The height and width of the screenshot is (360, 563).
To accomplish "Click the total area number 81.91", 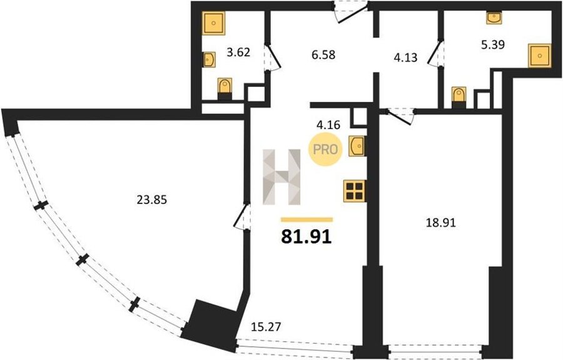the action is click(x=307, y=237).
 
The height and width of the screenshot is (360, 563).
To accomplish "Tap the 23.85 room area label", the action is click(x=152, y=199).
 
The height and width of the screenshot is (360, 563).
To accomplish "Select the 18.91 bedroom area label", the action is click(x=440, y=223).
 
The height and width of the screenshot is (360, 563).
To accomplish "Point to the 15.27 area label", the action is click(x=266, y=327).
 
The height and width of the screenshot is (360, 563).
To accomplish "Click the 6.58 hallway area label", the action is click(x=323, y=54).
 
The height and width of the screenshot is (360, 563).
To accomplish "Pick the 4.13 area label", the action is click(x=405, y=57).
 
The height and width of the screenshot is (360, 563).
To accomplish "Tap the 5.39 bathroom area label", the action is click(x=493, y=44).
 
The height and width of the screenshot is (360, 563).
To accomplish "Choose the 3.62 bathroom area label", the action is click(x=238, y=53).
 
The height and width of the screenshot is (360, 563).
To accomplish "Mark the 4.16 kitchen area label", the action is click(x=328, y=125).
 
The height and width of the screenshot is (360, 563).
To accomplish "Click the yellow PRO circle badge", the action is click(x=325, y=149).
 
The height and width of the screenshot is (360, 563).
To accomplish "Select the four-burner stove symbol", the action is click(x=355, y=191).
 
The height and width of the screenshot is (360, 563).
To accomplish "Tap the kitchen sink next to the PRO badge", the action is click(x=357, y=147).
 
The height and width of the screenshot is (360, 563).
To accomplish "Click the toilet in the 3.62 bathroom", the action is click(x=225, y=88).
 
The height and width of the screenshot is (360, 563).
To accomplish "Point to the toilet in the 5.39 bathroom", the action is click(x=459, y=98).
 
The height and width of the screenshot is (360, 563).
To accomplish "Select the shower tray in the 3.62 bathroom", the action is click(x=213, y=23).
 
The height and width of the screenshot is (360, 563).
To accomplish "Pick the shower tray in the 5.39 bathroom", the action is click(x=539, y=55).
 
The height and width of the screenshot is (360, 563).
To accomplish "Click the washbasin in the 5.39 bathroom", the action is click(x=494, y=18).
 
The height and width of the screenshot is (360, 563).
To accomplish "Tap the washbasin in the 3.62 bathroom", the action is click(x=209, y=59).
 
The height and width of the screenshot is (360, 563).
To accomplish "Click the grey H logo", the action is click(x=281, y=177).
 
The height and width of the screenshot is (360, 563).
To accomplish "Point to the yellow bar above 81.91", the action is click(x=307, y=220).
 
